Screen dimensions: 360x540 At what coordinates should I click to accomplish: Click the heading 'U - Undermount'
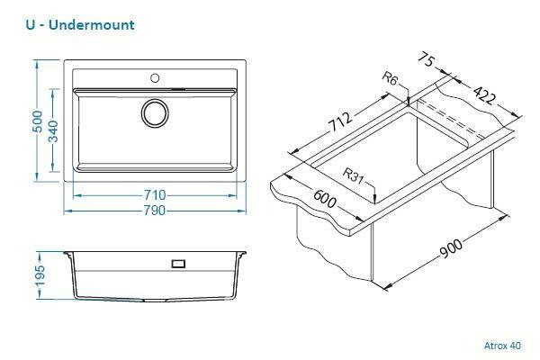pyautogui.click(x=81, y=24)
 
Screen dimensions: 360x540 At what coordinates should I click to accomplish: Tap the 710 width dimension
pyautogui.click(x=155, y=194)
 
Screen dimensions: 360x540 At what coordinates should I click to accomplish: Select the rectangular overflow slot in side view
pyautogui.click(x=178, y=264)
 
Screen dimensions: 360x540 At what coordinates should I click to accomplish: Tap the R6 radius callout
pyautogui.click(x=390, y=80)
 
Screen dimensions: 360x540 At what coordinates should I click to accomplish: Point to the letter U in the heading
pyautogui.click(x=33, y=24)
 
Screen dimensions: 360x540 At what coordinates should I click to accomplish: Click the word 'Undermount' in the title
pyautogui.click(x=95, y=24)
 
